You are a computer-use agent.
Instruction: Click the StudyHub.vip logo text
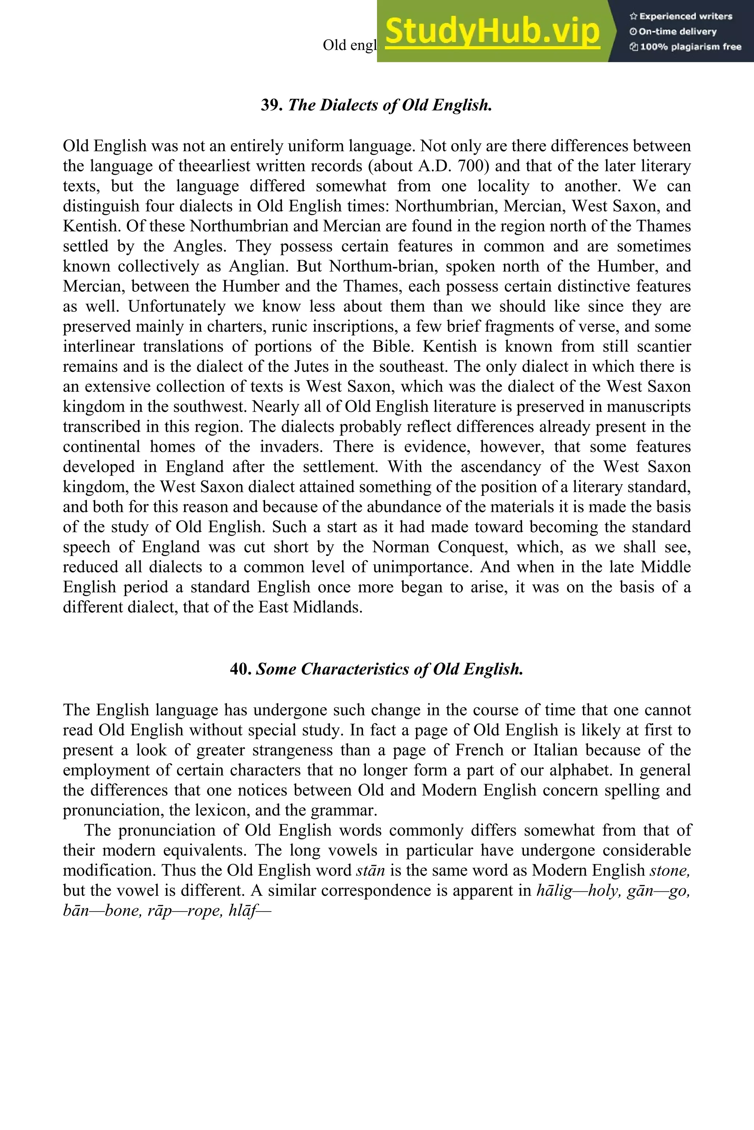[x=492, y=31]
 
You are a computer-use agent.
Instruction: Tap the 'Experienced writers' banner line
[x=680, y=16]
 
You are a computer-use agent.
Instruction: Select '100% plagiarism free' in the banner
[x=685, y=47]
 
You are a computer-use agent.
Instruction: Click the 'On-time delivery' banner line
[x=673, y=32]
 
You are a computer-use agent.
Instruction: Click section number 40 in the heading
[x=240, y=669]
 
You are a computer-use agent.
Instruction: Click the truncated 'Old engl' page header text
[x=349, y=45]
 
